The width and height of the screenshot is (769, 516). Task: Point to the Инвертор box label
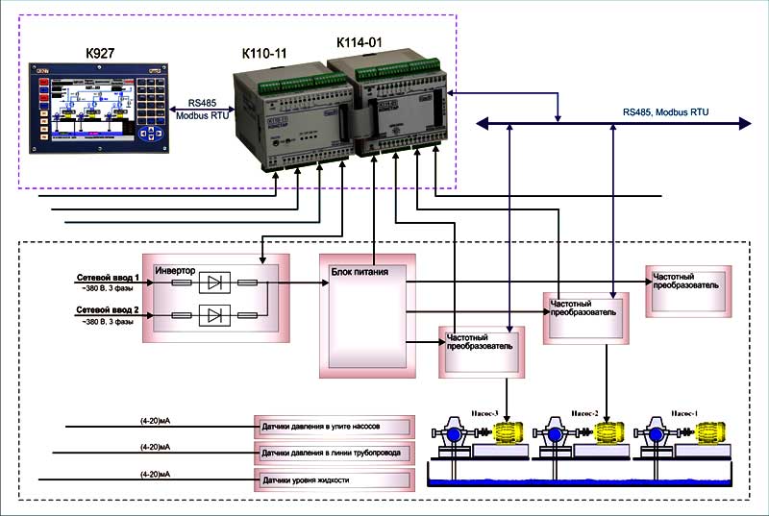coord(176,271)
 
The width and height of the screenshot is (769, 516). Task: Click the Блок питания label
coord(360,271)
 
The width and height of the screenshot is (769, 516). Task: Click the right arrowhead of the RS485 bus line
coord(746,123)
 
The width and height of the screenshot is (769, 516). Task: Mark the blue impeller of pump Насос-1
coord(657,435)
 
